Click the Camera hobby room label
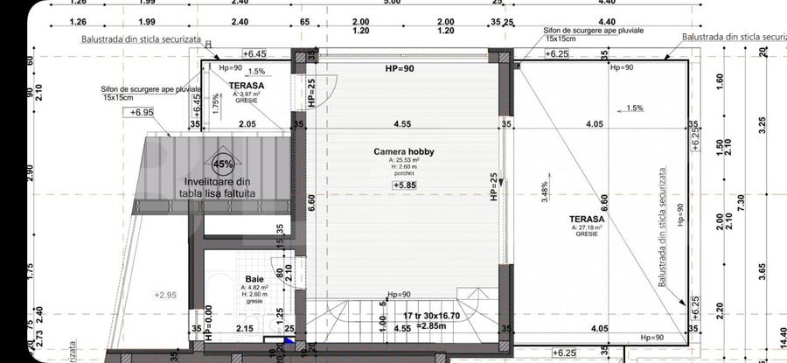click(x=404, y=151)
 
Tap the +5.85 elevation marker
click(x=405, y=185)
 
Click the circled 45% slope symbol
click(x=222, y=164)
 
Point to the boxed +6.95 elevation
click(x=141, y=113)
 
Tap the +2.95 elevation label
click(x=164, y=294)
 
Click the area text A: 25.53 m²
click(x=403, y=160)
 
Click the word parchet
click(x=403, y=174)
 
